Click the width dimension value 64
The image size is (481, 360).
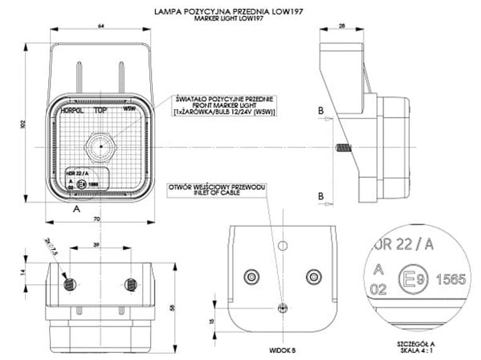[101, 26]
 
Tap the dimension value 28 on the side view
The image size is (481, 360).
[342, 26]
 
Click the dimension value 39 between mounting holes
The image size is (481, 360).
[96, 245]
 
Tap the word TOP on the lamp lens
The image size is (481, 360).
[99, 109]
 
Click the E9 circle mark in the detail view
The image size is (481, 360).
[410, 278]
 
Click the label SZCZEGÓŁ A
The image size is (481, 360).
[416, 344]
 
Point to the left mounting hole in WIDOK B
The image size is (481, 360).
[253, 275]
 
